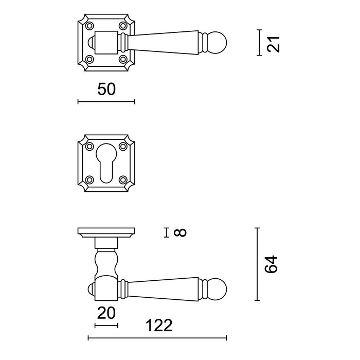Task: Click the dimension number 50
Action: [106, 88]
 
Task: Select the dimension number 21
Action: [275, 43]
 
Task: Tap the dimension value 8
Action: [179, 233]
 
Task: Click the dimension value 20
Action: [106, 312]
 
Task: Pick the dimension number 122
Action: [158, 326]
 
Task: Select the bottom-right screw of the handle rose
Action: [123, 59]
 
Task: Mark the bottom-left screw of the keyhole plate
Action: [89, 180]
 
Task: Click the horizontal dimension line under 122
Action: [157, 338]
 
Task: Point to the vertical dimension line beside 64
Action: [257, 264]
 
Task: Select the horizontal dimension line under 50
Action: [106, 102]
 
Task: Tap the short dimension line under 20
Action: [106, 325]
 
